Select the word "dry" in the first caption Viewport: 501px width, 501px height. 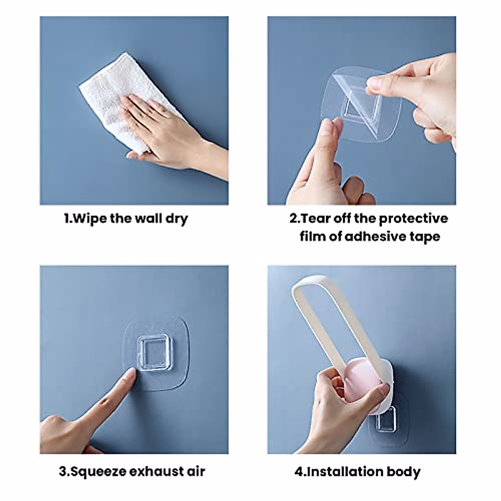click(x=177, y=219)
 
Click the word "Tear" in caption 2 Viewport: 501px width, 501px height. click(x=316, y=219)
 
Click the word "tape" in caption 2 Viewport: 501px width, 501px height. click(x=425, y=237)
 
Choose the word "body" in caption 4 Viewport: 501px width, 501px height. click(x=403, y=472)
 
